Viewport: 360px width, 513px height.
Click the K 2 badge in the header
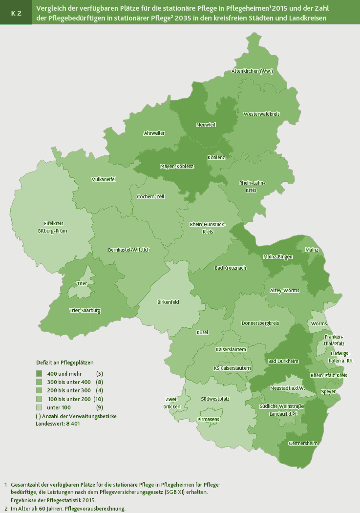tap(16, 13)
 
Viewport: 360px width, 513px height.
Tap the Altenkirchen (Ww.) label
tap(252, 71)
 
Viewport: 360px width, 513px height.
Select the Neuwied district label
tap(206, 125)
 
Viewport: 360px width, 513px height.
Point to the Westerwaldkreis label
tap(261, 114)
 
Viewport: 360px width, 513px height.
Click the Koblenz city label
tap(216, 158)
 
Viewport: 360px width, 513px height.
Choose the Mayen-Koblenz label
tap(177, 167)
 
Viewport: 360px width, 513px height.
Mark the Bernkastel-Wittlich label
tap(129, 250)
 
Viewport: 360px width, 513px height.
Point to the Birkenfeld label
tap(168, 302)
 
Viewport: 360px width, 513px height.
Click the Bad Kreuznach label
tap(231, 268)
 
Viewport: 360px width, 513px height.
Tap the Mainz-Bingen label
tap(277, 256)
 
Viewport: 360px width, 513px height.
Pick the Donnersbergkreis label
tap(260, 323)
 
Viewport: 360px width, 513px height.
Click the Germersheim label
tap(303, 444)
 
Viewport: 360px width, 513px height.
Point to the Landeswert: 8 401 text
tap(58, 424)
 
